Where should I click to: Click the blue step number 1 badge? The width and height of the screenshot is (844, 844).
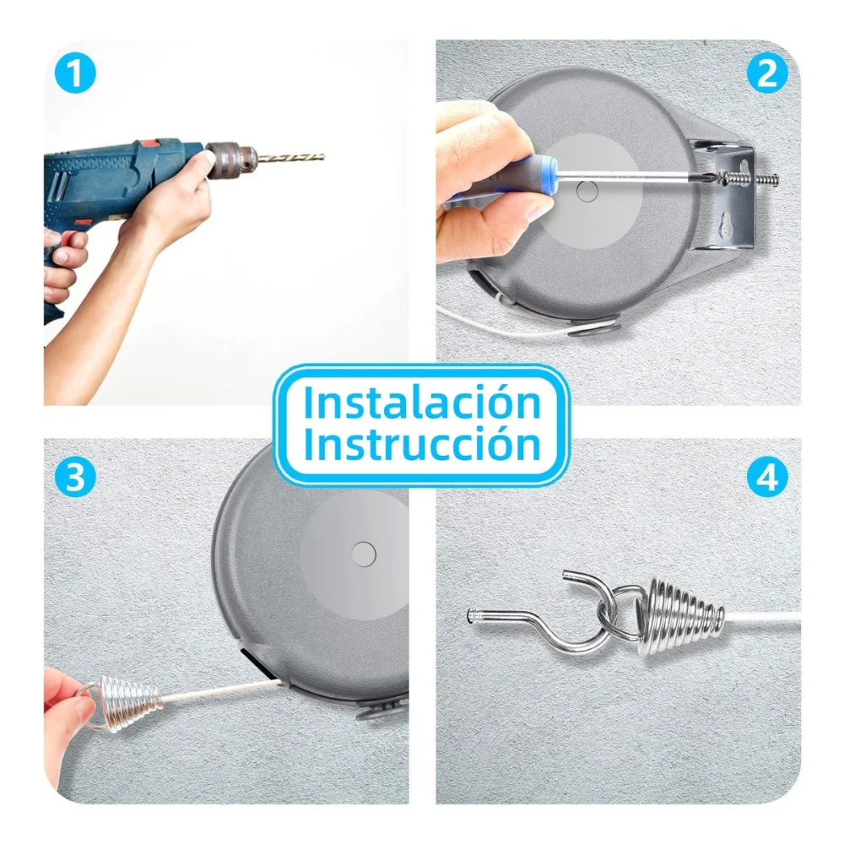pos(75,73)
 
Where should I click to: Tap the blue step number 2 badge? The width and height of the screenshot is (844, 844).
pos(767,73)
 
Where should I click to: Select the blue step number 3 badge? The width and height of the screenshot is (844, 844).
pos(75,476)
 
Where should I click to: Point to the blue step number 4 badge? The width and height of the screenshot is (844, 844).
pos(767,476)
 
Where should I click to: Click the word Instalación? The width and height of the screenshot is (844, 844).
pos(422,402)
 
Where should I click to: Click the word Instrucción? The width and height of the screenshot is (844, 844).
pos(422,444)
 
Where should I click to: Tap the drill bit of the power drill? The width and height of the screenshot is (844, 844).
pos(290,158)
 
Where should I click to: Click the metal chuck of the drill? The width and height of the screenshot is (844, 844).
pos(231,160)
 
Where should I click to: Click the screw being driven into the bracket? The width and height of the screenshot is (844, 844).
pos(747,178)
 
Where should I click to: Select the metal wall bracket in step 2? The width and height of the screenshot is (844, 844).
pos(723,194)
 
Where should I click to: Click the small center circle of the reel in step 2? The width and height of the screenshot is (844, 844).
pos(587,191)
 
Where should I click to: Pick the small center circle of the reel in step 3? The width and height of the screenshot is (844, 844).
pos(363,554)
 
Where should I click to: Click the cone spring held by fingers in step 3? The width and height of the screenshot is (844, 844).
pos(129,703)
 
